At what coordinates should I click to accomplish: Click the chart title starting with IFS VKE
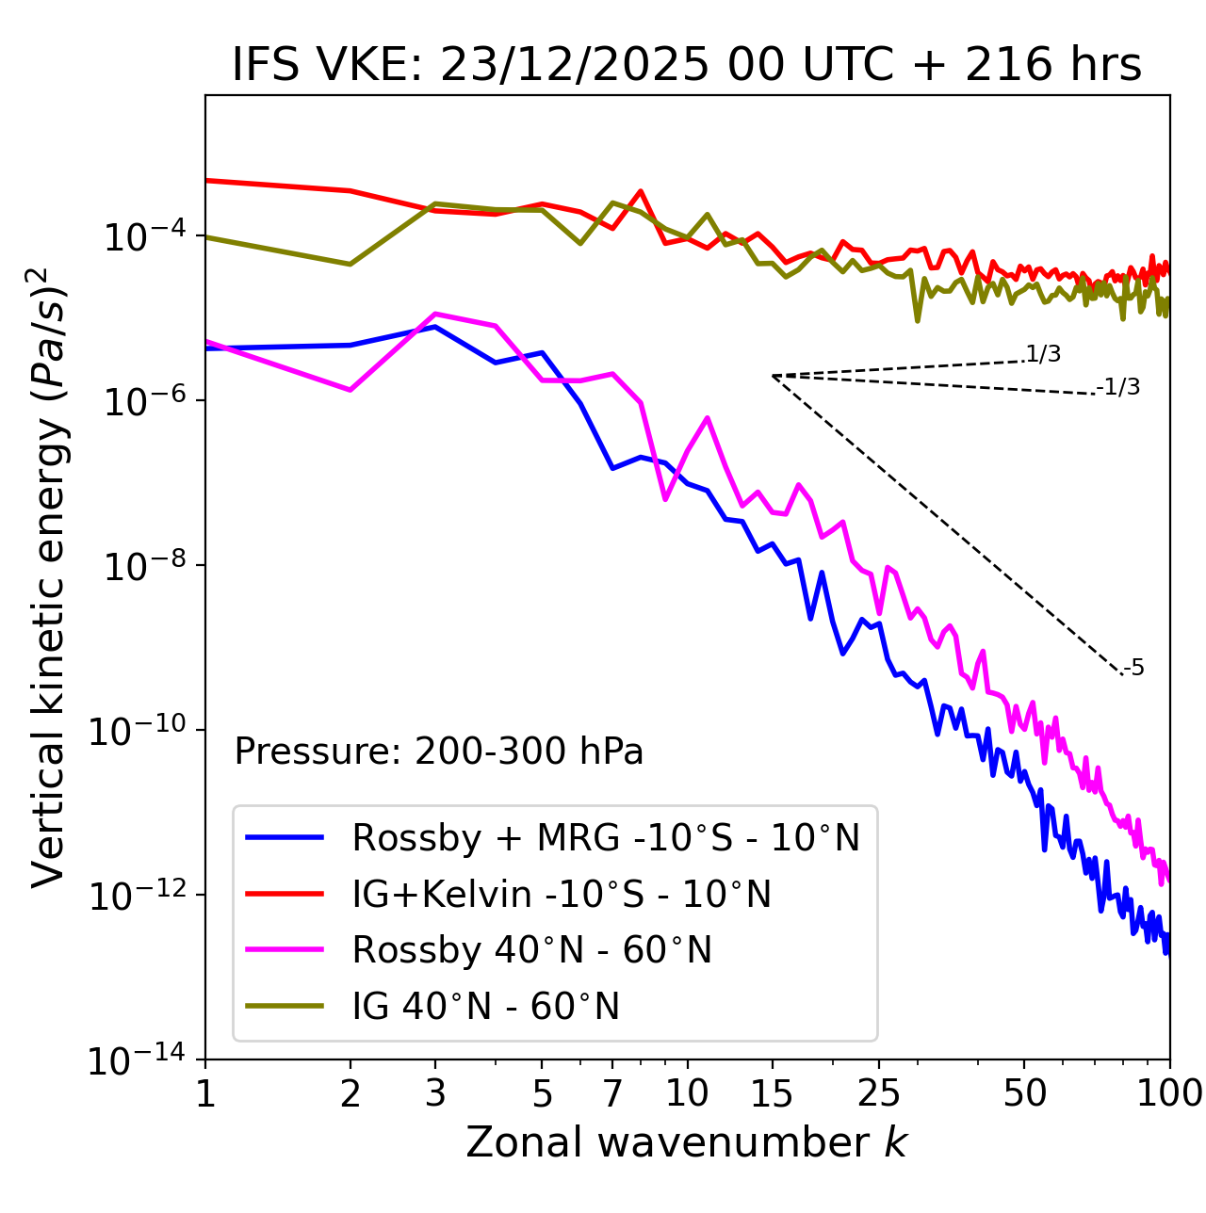pos(687,65)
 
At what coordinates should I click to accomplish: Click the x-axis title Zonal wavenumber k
pos(686,1141)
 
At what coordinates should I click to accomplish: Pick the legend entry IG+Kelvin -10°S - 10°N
pos(561,894)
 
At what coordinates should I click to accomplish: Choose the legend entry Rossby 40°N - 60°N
pos(531,950)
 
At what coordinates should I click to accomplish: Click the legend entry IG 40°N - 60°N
pos(485,1007)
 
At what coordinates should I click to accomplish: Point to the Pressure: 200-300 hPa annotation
pos(438,752)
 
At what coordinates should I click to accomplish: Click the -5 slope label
pos(1133,669)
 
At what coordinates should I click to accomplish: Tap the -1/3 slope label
pos(1118,387)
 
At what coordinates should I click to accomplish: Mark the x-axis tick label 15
pos(772,1093)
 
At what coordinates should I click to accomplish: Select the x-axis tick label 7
pos(612,1093)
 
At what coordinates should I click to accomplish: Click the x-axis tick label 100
pos(1169,1093)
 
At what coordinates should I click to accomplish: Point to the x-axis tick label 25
pos(879,1093)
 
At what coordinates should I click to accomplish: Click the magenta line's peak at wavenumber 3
pos(435,314)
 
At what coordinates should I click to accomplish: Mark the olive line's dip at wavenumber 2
pos(350,265)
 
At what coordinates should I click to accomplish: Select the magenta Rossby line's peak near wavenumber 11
pos(707,417)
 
